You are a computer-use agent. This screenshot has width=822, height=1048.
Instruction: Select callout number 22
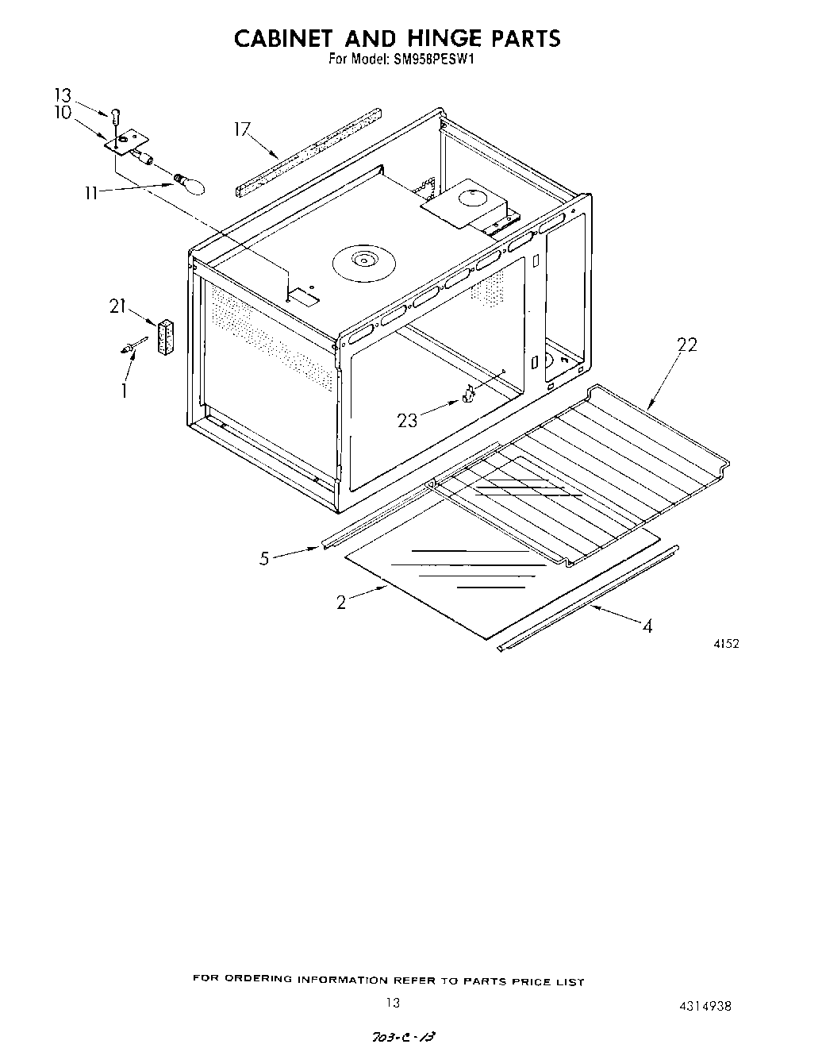point(687,345)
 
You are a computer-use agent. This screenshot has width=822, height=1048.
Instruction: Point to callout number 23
point(407,420)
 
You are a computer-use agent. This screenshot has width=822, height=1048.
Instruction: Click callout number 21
point(118,306)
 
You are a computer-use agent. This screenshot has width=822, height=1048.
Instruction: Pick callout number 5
point(264,558)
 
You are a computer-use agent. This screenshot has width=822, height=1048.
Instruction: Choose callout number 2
point(341,603)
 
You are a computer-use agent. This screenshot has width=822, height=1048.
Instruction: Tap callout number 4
point(647,626)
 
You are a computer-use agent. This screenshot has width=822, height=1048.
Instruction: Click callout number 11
point(93,192)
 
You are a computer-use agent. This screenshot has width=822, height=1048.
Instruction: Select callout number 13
point(63,95)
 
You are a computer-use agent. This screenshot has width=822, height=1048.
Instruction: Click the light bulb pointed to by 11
point(190,183)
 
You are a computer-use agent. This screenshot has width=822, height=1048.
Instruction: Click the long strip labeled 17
point(309,151)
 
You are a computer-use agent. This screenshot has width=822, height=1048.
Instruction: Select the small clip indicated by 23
point(468,394)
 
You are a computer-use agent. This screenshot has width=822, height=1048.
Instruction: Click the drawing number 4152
point(726,644)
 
